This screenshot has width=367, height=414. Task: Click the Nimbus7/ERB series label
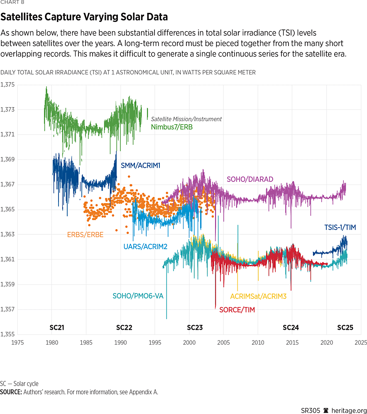tap(171, 127)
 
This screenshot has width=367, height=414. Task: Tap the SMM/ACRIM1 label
tap(140, 166)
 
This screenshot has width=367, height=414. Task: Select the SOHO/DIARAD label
tap(250, 179)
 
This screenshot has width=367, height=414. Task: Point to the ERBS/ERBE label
tap(85, 235)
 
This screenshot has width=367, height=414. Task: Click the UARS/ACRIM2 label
tap(145, 247)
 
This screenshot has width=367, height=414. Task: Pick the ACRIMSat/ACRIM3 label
tap(258, 296)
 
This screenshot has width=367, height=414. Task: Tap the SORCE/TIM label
tap(237, 310)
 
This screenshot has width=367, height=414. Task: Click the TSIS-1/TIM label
tap(340, 228)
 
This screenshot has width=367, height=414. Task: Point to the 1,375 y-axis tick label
tap(7, 85)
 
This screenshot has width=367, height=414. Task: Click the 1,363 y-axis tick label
tap(7, 235)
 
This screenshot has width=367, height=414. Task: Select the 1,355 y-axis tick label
tap(7, 334)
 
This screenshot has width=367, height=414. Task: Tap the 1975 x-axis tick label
tap(17, 343)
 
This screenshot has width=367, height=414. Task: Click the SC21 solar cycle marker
tap(57, 328)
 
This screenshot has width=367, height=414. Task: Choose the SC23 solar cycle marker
tap(195, 328)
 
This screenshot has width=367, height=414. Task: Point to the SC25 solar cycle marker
tap(345, 328)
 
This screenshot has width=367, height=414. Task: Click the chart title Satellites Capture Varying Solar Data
tap(84, 17)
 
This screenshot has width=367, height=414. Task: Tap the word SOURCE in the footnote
tap(11, 392)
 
